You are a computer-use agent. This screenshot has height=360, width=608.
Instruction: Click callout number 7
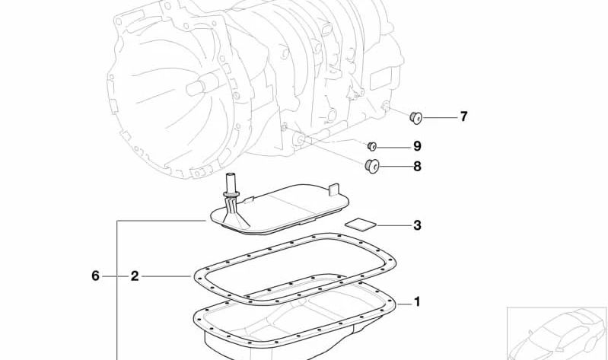[x=463, y=117]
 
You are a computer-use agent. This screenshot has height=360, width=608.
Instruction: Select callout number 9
[x=417, y=146]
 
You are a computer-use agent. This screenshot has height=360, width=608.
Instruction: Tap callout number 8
[x=417, y=166]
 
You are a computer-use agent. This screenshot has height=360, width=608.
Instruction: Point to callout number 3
[x=417, y=225]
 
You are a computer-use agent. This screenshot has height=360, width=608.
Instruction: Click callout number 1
[x=417, y=302]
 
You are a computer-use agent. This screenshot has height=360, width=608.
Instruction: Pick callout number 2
[x=135, y=276]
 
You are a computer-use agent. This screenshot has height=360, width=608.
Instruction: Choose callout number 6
[x=96, y=276]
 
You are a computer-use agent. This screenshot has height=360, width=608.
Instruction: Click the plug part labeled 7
[x=416, y=116]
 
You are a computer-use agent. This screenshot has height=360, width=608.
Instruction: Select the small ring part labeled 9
[x=373, y=146]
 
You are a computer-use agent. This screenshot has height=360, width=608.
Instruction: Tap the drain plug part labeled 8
[x=373, y=166]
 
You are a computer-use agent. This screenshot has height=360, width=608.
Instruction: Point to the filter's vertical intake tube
[x=231, y=186]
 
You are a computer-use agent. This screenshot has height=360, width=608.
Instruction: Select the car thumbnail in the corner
[x=556, y=333]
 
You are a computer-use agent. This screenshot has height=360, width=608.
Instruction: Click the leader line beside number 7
[x=439, y=117]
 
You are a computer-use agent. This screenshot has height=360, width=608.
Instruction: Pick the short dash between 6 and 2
[x=115, y=276]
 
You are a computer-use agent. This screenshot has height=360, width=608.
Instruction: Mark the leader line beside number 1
[x=404, y=303]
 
